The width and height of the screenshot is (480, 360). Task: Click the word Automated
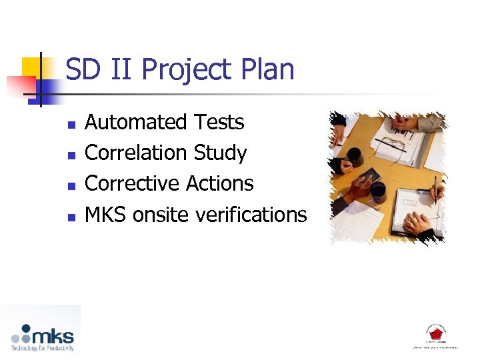pos(136,123)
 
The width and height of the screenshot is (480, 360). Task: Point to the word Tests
pos(219,123)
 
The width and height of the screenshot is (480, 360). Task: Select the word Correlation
pos(137,153)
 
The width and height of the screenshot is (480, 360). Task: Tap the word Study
pos(220,153)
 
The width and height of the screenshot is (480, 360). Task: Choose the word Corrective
pos(133,183)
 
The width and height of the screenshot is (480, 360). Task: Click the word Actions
pos(220,183)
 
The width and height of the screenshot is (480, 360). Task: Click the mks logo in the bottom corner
pos(42,337)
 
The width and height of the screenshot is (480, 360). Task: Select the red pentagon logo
pos(435,334)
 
